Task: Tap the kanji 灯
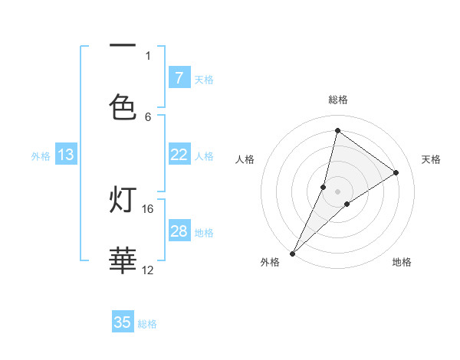click(123, 201)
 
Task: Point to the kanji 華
click(123, 260)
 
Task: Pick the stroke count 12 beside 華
click(148, 270)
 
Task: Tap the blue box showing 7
click(179, 77)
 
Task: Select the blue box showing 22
click(179, 155)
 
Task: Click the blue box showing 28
click(179, 231)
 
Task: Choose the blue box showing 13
click(66, 155)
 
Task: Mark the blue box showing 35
click(123, 322)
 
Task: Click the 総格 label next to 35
click(147, 324)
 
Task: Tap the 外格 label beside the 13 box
click(41, 156)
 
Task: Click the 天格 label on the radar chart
click(432, 159)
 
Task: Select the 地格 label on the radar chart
click(402, 262)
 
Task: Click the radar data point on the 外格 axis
click(292, 254)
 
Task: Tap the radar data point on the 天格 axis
click(396, 172)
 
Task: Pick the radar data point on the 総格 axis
click(337, 130)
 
